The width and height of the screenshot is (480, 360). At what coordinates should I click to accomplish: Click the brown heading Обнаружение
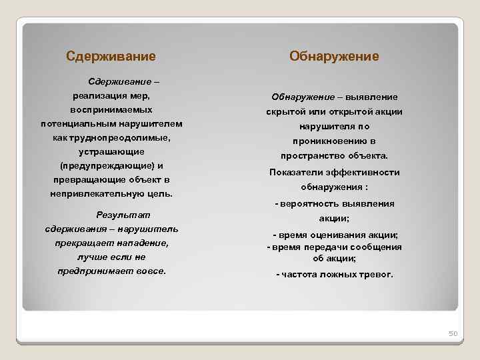(x=334, y=57)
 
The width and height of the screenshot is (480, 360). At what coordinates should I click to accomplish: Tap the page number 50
(x=451, y=334)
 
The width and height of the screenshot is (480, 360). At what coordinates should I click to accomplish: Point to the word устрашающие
(x=111, y=152)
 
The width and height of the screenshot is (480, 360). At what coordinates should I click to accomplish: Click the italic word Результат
(x=123, y=215)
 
